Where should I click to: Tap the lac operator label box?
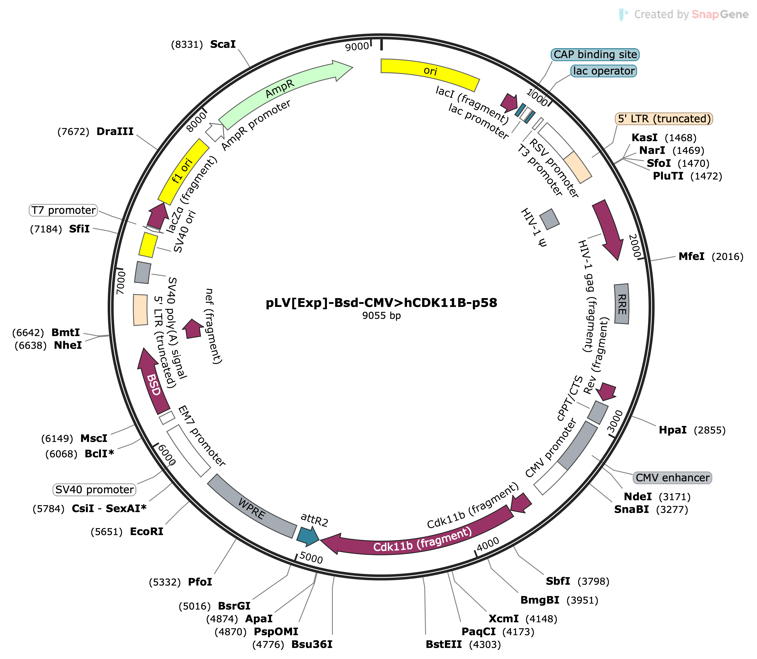[x=604, y=71]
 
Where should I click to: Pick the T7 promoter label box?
[x=63, y=210]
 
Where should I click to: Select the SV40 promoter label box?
[x=95, y=490]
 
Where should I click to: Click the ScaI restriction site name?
[x=223, y=45]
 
